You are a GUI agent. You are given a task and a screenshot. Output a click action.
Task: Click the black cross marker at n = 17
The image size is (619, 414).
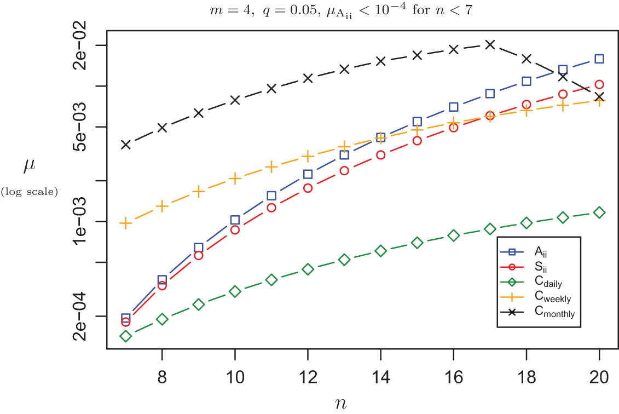[490, 44]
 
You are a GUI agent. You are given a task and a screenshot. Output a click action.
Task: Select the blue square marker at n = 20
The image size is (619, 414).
[599, 59]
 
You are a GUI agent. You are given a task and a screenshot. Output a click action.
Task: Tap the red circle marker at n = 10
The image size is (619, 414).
[235, 230]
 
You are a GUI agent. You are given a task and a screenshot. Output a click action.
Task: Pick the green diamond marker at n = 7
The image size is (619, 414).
[126, 336]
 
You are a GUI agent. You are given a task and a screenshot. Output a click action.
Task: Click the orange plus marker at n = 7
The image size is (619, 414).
[126, 223]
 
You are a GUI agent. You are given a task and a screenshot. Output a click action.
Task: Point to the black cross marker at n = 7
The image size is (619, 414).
[126, 145]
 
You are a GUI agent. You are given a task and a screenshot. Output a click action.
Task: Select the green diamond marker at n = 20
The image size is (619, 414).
[599, 212]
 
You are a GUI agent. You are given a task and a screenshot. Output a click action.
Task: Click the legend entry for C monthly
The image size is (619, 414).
[554, 312]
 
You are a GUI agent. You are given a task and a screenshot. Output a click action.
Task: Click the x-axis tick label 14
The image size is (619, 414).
[380, 378]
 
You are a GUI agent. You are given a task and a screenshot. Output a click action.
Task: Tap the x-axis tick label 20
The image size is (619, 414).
[599, 378]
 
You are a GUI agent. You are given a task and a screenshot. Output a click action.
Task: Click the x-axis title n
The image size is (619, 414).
[340, 404]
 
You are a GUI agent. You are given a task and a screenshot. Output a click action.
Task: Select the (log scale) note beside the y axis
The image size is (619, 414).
[30, 191]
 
